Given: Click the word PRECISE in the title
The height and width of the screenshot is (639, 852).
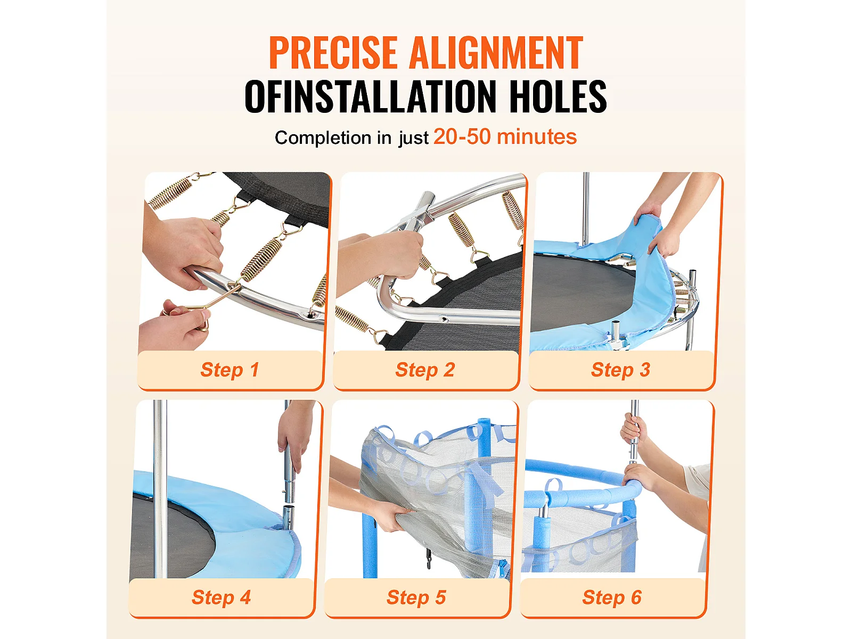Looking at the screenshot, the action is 333,52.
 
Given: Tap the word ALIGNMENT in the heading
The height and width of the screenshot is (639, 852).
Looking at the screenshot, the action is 496,52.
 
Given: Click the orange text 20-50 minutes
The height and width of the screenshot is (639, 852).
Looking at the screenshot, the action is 505,137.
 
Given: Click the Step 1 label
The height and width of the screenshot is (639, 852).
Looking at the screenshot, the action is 230,370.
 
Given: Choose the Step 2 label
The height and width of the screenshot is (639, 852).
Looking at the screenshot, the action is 425,370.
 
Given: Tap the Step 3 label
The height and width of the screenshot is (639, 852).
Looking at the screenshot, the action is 620,370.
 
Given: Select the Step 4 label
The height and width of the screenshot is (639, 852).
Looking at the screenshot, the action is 221,597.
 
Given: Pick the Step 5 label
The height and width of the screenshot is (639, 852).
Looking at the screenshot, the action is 416,597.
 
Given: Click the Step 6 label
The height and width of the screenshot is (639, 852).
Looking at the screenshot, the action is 612,597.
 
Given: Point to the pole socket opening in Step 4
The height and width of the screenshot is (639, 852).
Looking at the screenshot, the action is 288,507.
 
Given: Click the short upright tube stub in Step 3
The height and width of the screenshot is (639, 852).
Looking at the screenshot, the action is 616,330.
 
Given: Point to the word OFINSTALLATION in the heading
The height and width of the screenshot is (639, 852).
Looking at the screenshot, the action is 370,96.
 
